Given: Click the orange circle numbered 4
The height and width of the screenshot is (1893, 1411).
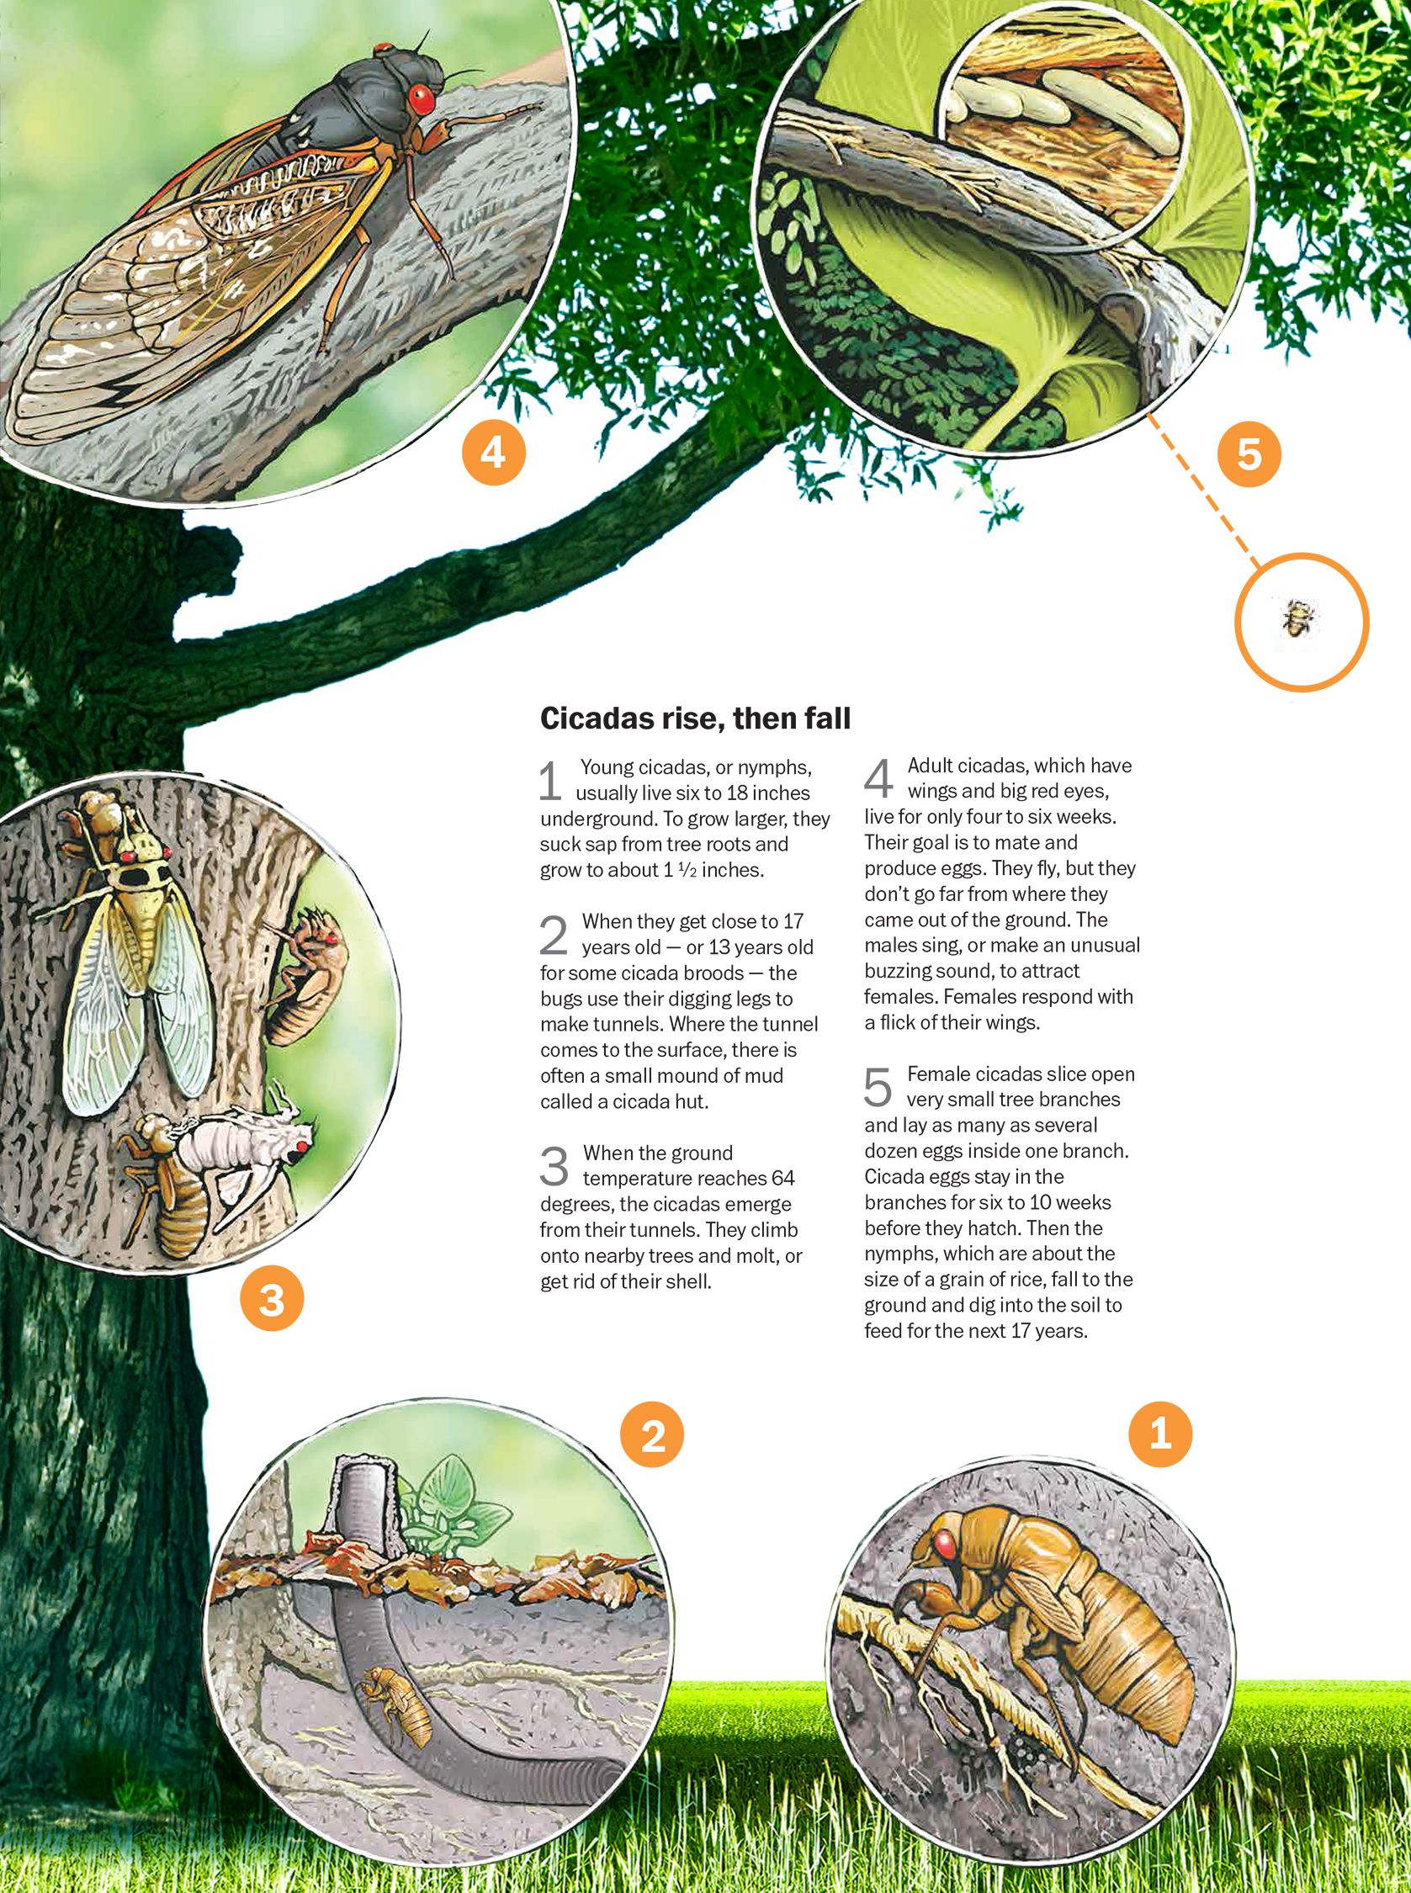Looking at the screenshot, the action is [x=494, y=453].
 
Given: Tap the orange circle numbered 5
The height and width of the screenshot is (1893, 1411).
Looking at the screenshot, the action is [x=1249, y=454].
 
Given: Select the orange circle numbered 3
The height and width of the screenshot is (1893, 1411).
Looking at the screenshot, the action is [x=272, y=1299].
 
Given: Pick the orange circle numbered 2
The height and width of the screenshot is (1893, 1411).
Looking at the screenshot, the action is [x=653, y=1435].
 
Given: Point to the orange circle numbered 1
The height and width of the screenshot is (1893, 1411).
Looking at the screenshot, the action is [x=1160, y=1435].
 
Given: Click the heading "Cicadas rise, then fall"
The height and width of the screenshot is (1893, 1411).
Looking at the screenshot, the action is [x=695, y=718].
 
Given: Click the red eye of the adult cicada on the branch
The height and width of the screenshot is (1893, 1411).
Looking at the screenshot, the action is [x=420, y=99].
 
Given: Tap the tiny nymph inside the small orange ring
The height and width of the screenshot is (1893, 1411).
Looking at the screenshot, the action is [x=1298, y=618].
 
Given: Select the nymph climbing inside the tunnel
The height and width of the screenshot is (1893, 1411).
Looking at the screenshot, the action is [x=398, y=1708].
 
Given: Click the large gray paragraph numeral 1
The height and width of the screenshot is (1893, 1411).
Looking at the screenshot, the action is [x=551, y=782].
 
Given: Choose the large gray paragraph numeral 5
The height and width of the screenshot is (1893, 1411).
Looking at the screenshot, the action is [x=878, y=1088].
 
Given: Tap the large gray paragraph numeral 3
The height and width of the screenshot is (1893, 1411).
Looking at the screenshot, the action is [x=554, y=1166].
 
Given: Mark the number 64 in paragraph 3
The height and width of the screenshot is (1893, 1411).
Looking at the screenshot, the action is [x=782, y=1179].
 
